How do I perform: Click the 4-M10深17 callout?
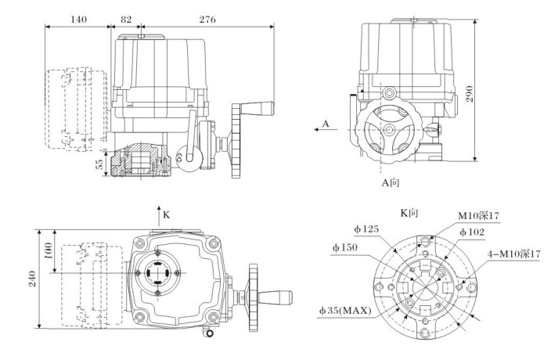[x=513, y=254]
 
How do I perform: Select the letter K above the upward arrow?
[x=166, y=212]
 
